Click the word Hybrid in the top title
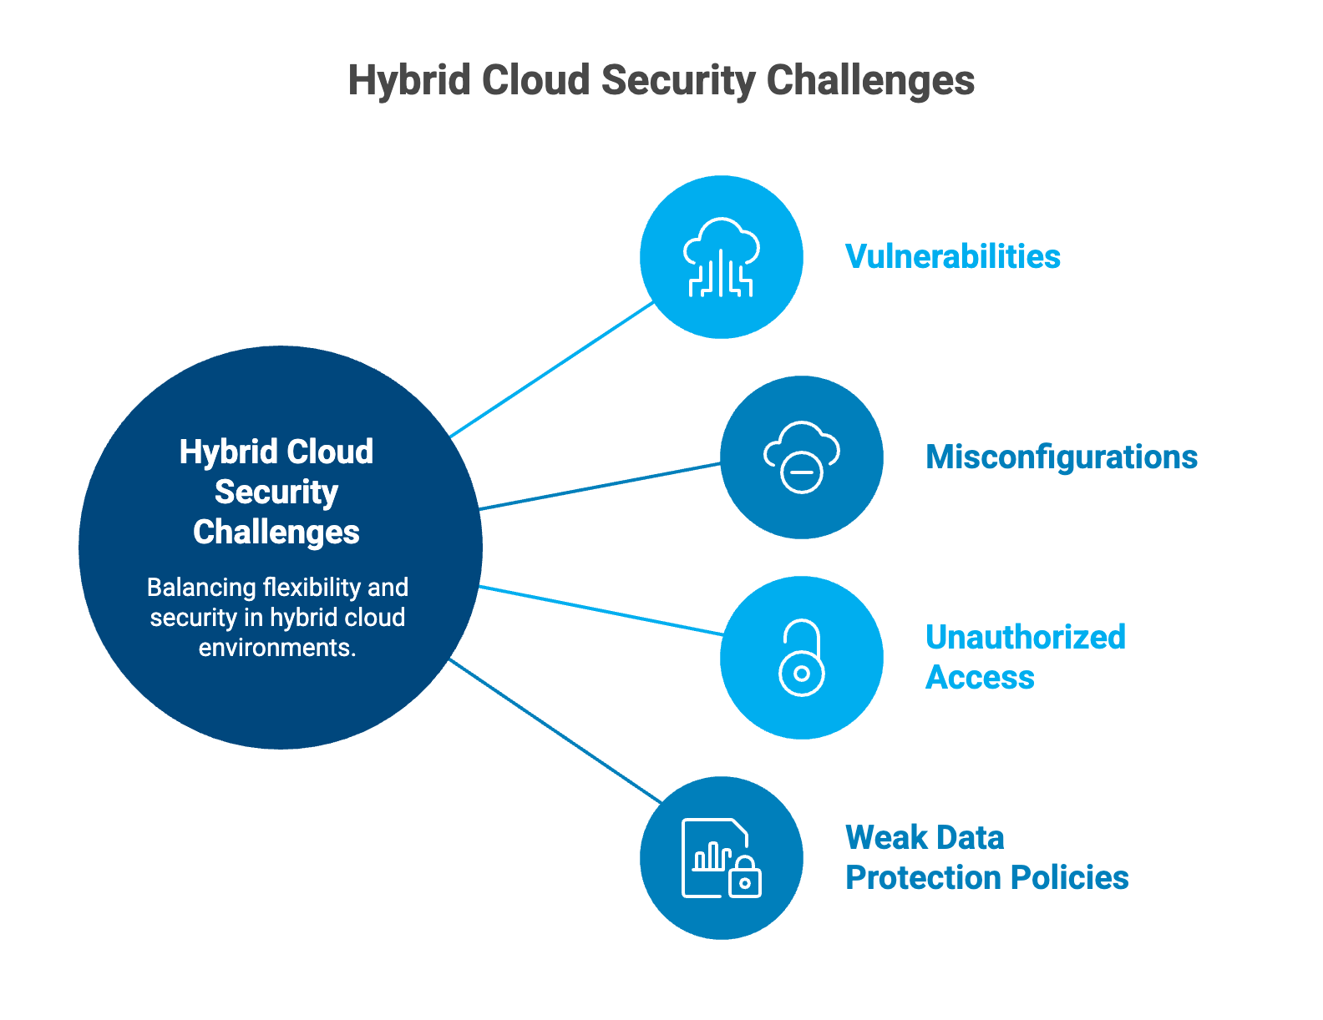(408, 80)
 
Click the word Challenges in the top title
(869, 80)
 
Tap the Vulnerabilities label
(952, 256)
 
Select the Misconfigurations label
(1061, 457)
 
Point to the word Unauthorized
(1026, 637)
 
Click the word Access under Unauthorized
(980, 677)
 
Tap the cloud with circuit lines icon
(721, 257)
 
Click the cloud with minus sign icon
(801, 457)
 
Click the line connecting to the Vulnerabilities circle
(551, 370)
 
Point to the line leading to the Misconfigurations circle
(600, 487)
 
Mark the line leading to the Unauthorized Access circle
(601, 611)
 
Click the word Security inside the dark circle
(276, 492)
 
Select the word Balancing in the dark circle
(201, 588)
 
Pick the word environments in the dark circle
(277, 648)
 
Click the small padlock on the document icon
(745, 876)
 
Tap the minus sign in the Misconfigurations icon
(802, 472)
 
